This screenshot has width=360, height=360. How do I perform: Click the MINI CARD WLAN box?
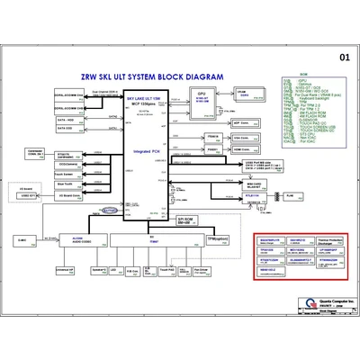click(253, 185)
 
